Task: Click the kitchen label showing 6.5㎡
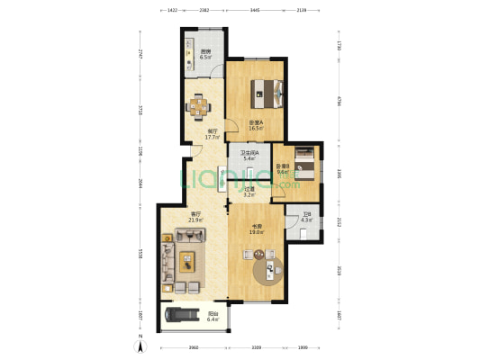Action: [x=205, y=54]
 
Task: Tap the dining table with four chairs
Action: [x=197, y=106]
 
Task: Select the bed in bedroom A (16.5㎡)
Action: [x=267, y=89]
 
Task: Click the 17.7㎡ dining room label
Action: [x=213, y=134]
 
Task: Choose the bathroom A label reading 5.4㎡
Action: [x=248, y=156]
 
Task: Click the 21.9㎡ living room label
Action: [x=195, y=217]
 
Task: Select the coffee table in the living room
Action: [x=186, y=261]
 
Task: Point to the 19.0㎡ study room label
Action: [x=256, y=229]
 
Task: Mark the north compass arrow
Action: [x=140, y=345]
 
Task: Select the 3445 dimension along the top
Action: [x=255, y=11]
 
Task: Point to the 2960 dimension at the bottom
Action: [x=193, y=346]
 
